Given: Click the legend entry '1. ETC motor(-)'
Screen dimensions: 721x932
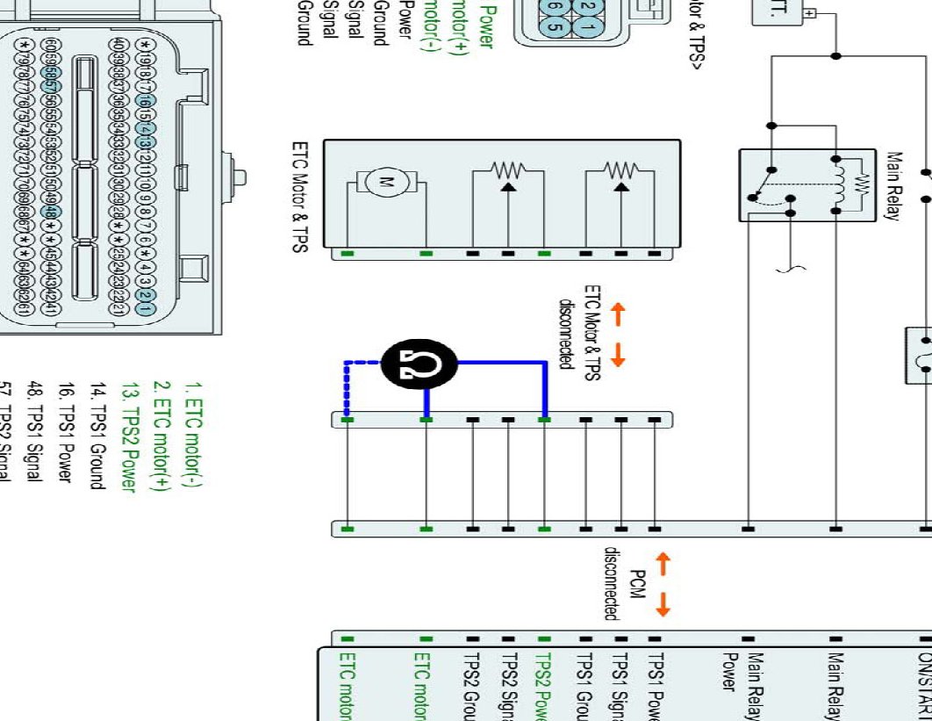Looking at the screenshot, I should coord(191,435).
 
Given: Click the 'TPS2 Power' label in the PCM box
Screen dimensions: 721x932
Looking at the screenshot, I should coord(543,685).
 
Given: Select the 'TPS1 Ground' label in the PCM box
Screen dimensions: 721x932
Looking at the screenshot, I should coord(583,685).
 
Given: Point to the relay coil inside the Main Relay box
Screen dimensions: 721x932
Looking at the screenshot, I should coord(841,184).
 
